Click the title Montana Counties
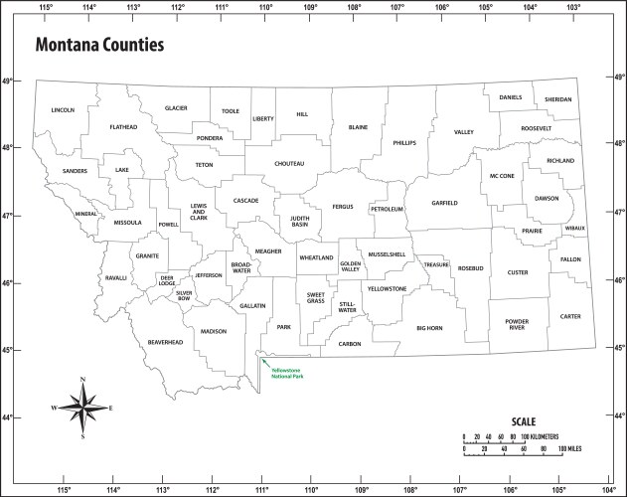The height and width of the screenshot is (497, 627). (99, 46)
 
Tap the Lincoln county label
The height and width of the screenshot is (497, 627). (63, 110)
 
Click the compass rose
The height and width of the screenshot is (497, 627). (83, 408)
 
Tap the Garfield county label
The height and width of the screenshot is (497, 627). (444, 203)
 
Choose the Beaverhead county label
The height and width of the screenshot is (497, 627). (166, 342)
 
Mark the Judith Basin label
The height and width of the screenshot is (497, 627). (299, 221)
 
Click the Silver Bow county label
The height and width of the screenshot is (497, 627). (184, 294)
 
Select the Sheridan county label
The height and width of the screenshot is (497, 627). (557, 99)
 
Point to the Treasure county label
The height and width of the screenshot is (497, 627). (436, 265)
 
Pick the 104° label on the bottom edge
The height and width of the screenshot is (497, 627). (608, 489)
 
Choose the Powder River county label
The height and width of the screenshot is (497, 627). (517, 324)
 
